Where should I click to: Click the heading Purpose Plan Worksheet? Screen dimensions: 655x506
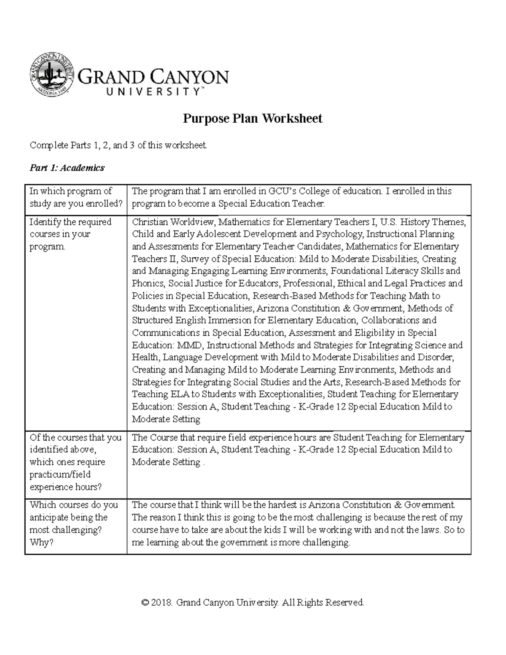[x=252, y=119]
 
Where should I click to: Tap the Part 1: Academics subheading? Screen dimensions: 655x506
[x=67, y=168]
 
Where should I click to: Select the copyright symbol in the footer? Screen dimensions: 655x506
[x=145, y=603]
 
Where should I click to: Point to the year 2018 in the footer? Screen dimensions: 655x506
[x=162, y=603]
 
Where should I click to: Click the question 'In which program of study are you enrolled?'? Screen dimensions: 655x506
[x=75, y=197]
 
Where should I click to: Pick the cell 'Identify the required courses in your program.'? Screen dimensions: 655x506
[x=70, y=234]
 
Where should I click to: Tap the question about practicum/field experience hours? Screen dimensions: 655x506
[x=75, y=462]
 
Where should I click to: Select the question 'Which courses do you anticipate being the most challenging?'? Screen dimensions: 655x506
[x=74, y=517]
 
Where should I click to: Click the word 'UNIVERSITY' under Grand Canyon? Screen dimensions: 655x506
[x=148, y=91]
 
